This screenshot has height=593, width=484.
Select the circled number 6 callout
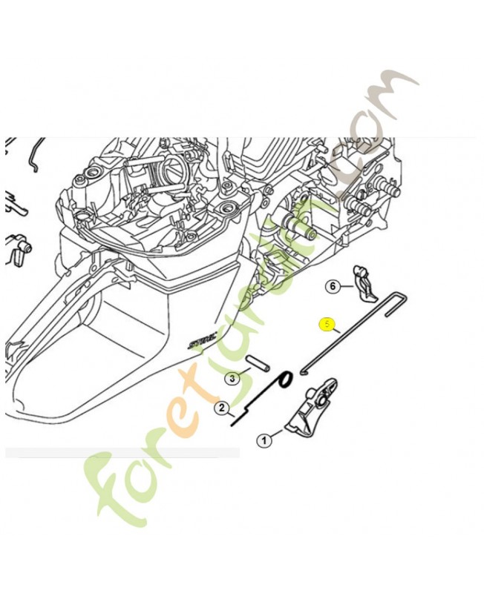tap(333, 286)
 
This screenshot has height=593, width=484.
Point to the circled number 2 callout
tap(221, 407)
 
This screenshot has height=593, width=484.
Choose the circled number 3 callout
tap(232, 378)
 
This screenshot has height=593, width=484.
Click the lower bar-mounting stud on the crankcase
tap(362, 208)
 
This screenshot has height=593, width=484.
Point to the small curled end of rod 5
tap(303, 370)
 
